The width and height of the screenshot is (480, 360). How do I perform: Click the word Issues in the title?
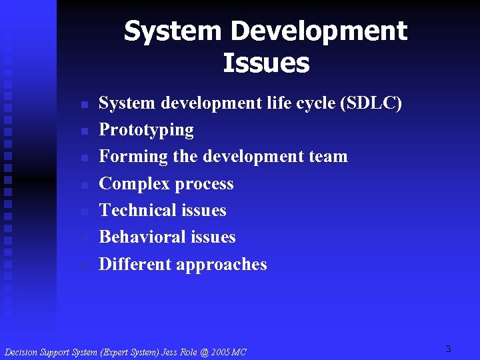click(x=266, y=63)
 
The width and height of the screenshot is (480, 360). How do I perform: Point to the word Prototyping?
click(x=146, y=130)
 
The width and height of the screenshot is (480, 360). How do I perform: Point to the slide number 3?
click(x=449, y=349)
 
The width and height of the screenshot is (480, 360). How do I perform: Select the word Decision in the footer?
click(x=21, y=352)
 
